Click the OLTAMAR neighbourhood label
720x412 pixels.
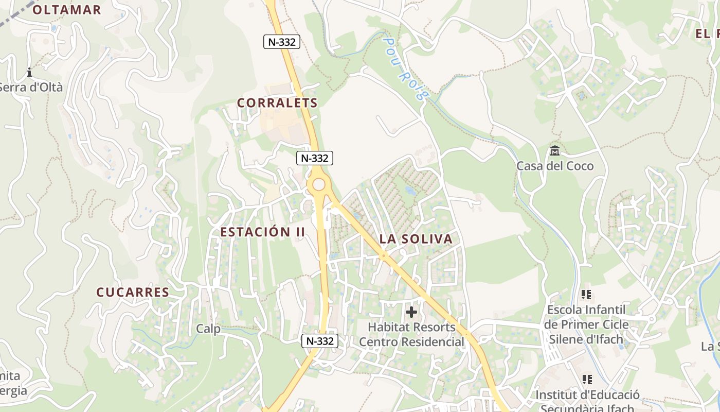67,10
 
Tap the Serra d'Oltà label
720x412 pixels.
31,87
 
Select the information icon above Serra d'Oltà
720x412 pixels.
29,72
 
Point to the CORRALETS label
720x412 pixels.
277,103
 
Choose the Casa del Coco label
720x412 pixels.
555,166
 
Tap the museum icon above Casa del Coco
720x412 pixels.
555,151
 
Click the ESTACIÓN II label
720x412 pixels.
263,232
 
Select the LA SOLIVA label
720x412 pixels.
416,239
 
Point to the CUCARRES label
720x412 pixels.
133,292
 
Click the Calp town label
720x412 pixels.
208,329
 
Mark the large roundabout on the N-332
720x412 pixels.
319,184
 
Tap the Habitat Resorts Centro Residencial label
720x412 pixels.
411,334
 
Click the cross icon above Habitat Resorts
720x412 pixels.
411,312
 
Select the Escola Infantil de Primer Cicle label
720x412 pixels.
586,324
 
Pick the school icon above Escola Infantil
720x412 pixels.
586,295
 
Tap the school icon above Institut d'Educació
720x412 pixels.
587,380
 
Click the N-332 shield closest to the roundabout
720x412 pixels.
315,158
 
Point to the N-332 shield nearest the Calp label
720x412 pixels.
319,341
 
